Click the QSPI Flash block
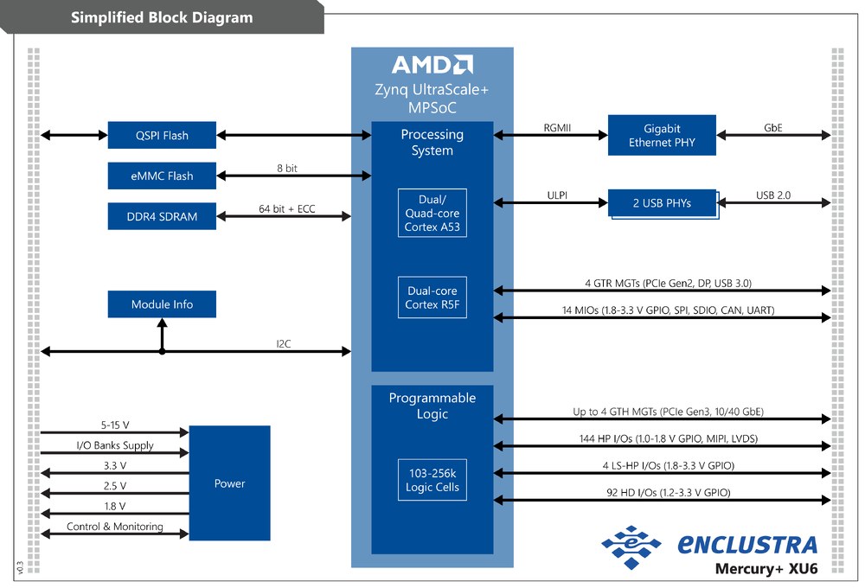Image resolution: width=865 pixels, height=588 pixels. click(x=162, y=135)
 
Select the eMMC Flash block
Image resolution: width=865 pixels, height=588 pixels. click(x=162, y=176)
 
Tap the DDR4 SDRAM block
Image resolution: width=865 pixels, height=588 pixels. click(x=162, y=216)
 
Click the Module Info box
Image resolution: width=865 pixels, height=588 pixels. click(x=162, y=304)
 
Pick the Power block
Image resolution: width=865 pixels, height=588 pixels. click(x=229, y=483)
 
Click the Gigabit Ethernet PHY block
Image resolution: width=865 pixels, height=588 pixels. click(x=662, y=135)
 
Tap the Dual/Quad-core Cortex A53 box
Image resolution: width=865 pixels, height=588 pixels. click(x=432, y=213)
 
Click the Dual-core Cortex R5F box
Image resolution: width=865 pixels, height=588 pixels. click(x=432, y=297)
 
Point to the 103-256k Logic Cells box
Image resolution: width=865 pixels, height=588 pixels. click(x=432, y=480)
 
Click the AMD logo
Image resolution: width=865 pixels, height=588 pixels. click(x=432, y=65)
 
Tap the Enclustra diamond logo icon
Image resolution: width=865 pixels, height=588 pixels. click(x=631, y=546)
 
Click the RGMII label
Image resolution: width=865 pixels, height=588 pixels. click(x=557, y=128)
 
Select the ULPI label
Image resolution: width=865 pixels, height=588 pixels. click(x=557, y=195)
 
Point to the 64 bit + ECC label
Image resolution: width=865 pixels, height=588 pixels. click(x=287, y=209)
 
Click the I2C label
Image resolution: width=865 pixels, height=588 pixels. click(x=284, y=343)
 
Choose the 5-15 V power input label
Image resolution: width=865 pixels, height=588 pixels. click(x=115, y=425)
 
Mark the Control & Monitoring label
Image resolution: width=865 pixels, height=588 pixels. click(x=115, y=527)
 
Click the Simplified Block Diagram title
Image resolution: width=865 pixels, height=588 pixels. click(x=162, y=17)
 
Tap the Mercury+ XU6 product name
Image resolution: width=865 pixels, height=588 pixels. click(x=766, y=569)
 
